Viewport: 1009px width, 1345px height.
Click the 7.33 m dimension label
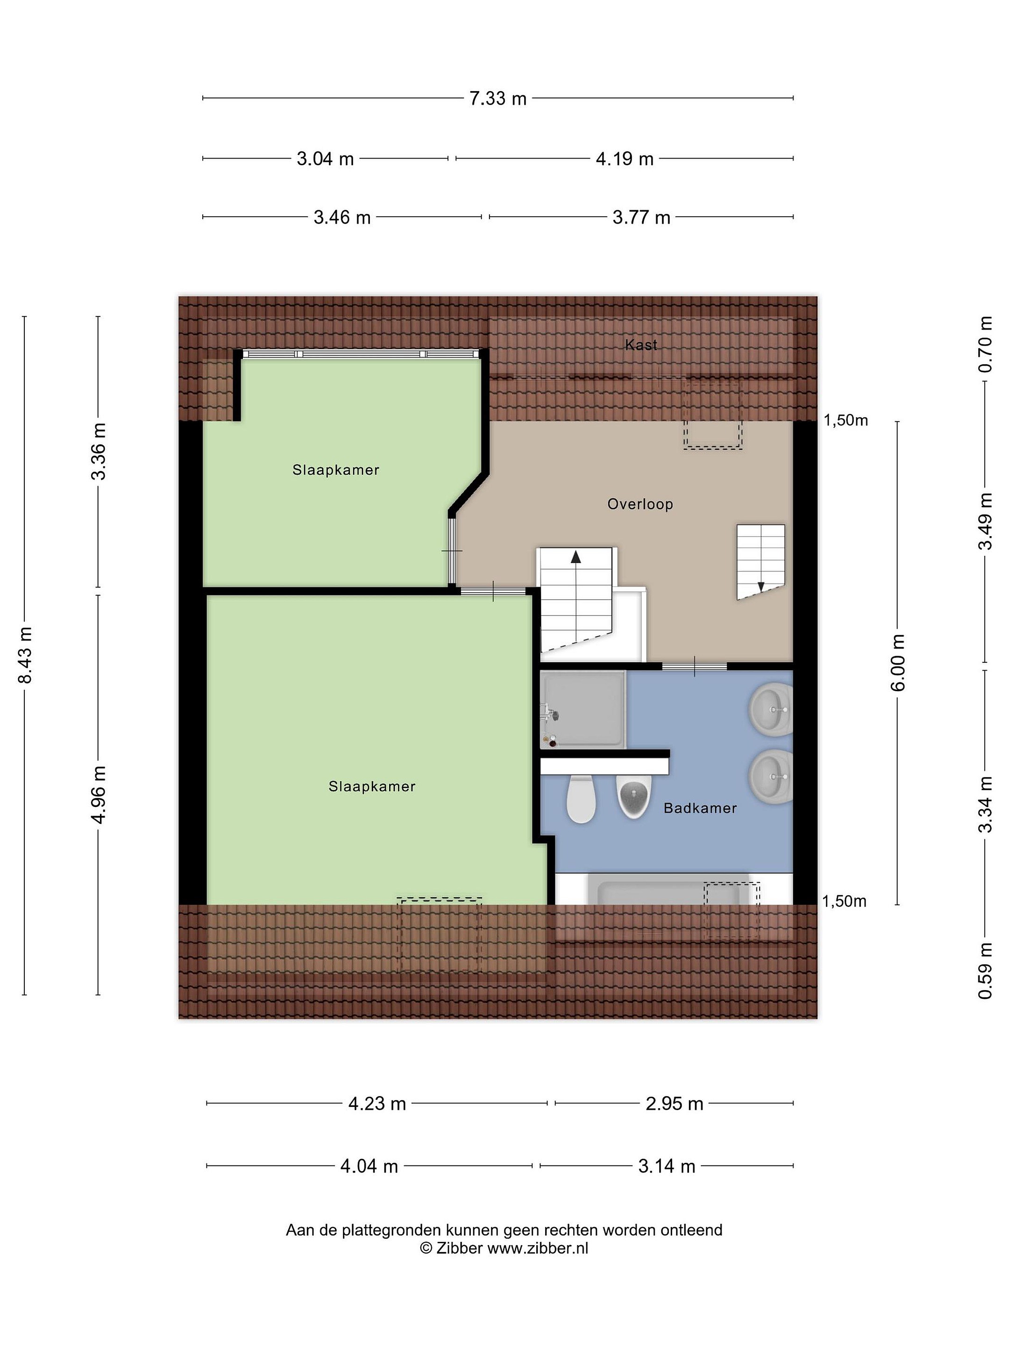click(x=497, y=98)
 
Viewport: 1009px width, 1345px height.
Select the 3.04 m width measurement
click(x=325, y=159)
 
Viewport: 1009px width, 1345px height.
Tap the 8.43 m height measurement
click(x=25, y=655)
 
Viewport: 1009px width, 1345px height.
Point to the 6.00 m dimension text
click(x=898, y=662)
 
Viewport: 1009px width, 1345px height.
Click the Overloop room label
click(x=640, y=504)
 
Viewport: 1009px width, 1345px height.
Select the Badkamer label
click(x=700, y=808)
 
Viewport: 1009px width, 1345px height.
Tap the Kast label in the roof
click(x=641, y=345)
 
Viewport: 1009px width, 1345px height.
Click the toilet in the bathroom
click(x=581, y=799)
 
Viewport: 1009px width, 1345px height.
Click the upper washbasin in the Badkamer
click(x=771, y=709)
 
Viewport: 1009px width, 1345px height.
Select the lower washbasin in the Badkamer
click(x=771, y=777)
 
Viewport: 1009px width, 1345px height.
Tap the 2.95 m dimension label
click(x=674, y=1104)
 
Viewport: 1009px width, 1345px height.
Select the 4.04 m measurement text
click(x=369, y=1166)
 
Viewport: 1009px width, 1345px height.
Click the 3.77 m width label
click(x=641, y=217)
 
